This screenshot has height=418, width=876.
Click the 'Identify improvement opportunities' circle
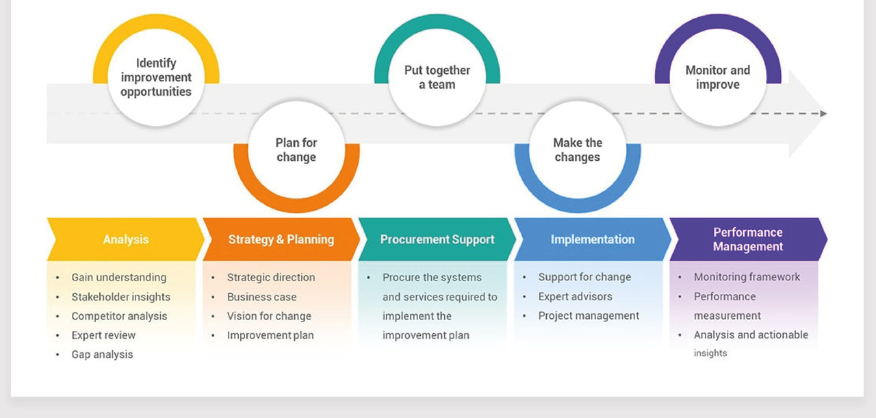point(156,78)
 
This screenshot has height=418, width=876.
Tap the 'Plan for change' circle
point(296,150)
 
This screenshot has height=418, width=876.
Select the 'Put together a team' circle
point(437,78)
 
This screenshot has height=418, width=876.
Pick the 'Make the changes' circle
point(578,150)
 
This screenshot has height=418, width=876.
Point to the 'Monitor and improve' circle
point(718,78)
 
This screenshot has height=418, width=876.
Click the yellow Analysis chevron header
point(125,239)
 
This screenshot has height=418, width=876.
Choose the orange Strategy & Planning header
point(281,239)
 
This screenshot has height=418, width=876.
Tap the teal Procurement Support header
point(437,239)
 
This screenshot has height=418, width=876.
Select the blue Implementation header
point(593,239)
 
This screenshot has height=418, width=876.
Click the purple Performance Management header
point(748,239)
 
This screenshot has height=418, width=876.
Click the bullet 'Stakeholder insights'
point(121,297)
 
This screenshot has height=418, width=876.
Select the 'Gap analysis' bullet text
point(103,354)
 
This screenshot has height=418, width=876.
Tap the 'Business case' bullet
point(262,297)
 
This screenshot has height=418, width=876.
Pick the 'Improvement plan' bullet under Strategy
point(270,335)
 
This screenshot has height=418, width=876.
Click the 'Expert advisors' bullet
point(576,296)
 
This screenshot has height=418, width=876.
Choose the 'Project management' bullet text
point(589,315)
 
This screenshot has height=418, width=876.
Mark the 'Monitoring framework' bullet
point(747,277)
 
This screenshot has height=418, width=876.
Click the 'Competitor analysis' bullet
point(119,316)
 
